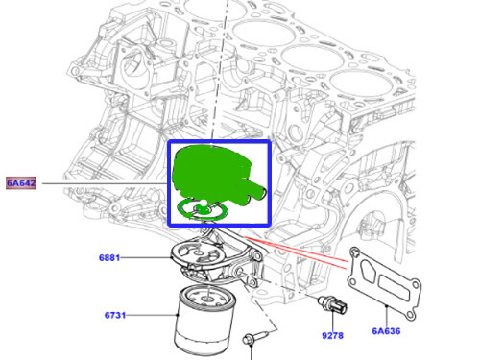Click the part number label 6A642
(x=22, y=181)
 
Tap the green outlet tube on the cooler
(x=258, y=193)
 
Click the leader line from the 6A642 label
(x=106, y=182)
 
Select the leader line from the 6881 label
(x=149, y=258)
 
